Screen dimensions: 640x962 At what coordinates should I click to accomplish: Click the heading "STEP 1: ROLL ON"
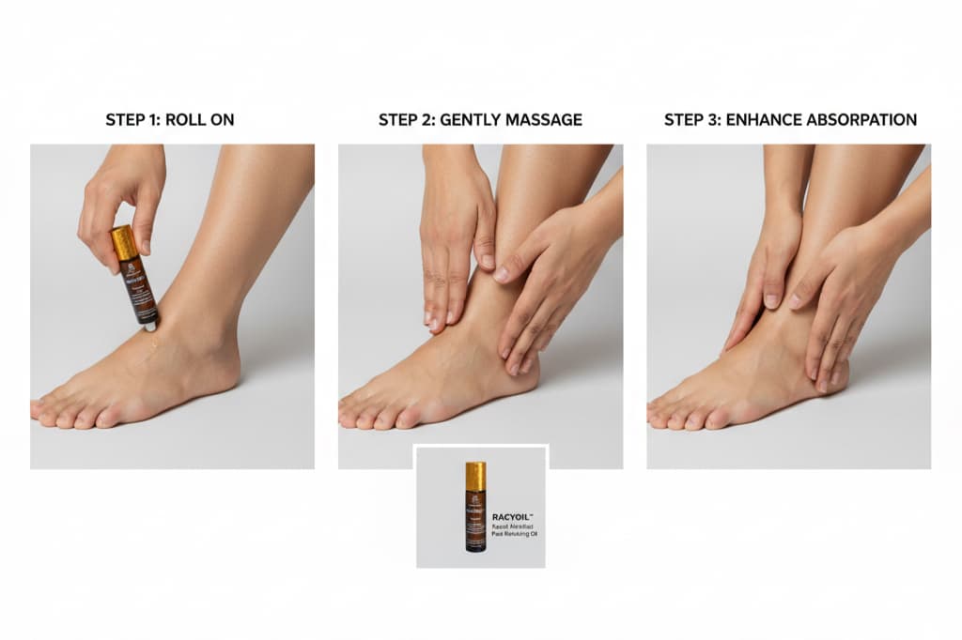(170, 120)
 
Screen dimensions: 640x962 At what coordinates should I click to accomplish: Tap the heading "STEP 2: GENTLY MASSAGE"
(480, 120)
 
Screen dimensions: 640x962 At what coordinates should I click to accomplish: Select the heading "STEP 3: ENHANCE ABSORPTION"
(790, 120)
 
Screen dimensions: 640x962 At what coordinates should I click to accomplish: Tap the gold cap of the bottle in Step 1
(124, 242)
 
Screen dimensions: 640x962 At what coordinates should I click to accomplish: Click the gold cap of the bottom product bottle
(475, 475)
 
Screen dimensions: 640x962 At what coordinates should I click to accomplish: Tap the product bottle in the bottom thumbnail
(475, 507)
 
